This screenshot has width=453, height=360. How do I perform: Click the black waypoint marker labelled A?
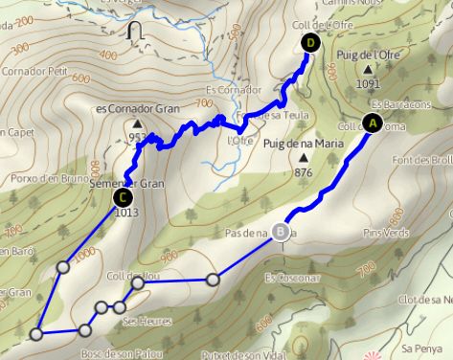372,123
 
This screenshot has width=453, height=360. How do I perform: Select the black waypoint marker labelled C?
122,198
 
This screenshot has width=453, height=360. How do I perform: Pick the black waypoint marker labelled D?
309,42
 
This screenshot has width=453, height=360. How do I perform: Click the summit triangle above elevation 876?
304,158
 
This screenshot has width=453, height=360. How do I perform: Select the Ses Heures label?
141,322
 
